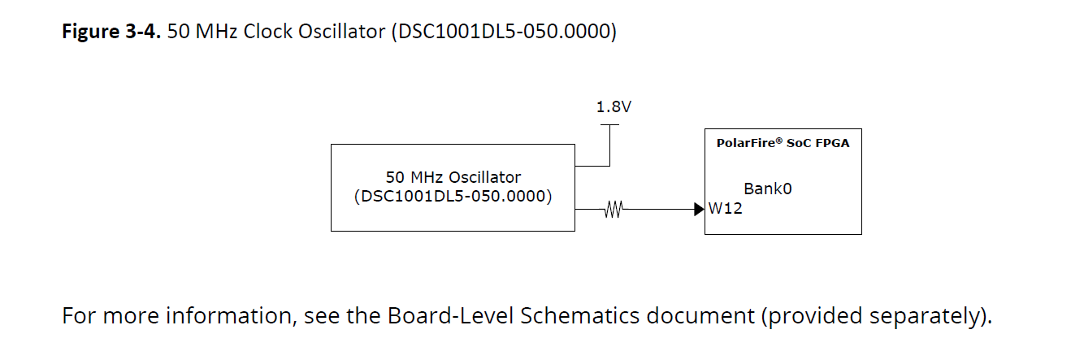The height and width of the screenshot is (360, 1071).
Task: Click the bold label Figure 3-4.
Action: [x=111, y=32]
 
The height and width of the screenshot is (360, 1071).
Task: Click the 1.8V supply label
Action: [x=614, y=106]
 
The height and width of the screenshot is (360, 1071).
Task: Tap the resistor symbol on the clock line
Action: [x=614, y=209]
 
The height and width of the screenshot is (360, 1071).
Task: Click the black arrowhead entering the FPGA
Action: [x=699, y=209]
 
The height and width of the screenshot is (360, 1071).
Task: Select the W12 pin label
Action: [x=726, y=209]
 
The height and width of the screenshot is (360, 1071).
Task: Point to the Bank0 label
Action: [x=768, y=189]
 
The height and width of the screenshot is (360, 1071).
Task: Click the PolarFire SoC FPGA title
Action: [x=783, y=143]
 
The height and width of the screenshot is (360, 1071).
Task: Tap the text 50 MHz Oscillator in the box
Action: [x=453, y=177]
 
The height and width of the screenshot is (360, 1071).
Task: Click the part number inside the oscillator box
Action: [x=453, y=197]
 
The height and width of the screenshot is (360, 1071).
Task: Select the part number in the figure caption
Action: [x=505, y=32]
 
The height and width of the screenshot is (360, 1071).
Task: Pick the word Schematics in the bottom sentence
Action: [x=580, y=315]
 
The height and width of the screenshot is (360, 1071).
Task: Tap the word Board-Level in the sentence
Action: [x=450, y=315]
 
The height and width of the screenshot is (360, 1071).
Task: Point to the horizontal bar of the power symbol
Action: [x=609, y=125]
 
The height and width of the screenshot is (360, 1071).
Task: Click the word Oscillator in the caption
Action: [x=342, y=32]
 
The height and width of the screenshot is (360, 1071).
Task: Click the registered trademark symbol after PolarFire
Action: [x=778, y=141]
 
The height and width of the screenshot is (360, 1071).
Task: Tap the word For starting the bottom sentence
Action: [x=80, y=315]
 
